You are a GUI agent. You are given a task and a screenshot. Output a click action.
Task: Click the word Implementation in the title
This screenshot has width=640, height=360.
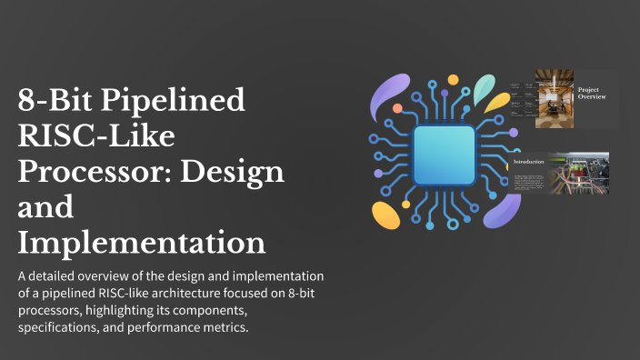coord(142,243)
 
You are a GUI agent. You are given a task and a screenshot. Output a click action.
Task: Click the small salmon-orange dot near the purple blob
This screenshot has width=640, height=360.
coord(397,109)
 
